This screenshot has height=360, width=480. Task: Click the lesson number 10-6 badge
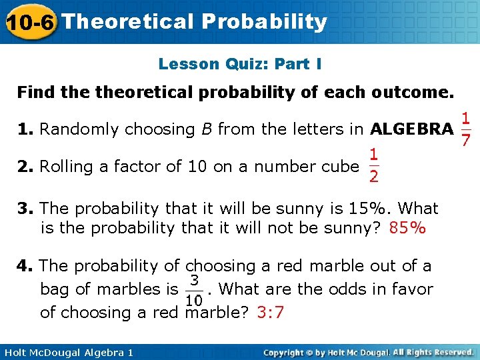point(29,22)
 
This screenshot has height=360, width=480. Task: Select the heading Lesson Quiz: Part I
point(240,64)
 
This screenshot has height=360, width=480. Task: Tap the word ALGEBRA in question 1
point(411,129)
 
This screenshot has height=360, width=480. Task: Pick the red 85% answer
point(407,229)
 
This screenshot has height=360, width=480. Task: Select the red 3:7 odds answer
point(270,312)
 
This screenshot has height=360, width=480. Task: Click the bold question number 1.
point(25,129)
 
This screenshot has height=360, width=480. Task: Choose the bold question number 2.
point(25,166)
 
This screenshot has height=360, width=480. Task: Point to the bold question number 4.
point(25,266)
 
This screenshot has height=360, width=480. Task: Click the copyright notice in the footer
point(369,351)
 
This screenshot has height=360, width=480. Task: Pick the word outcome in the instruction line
point(414,91)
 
